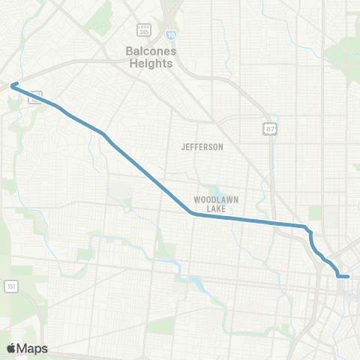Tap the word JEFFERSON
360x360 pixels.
[202, 147]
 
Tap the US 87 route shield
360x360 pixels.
[269, 130]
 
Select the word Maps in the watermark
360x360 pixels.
[32, 348]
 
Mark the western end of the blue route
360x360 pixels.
[12, 85]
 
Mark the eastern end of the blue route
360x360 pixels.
[349, 277]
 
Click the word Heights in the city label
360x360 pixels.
[148, 64]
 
